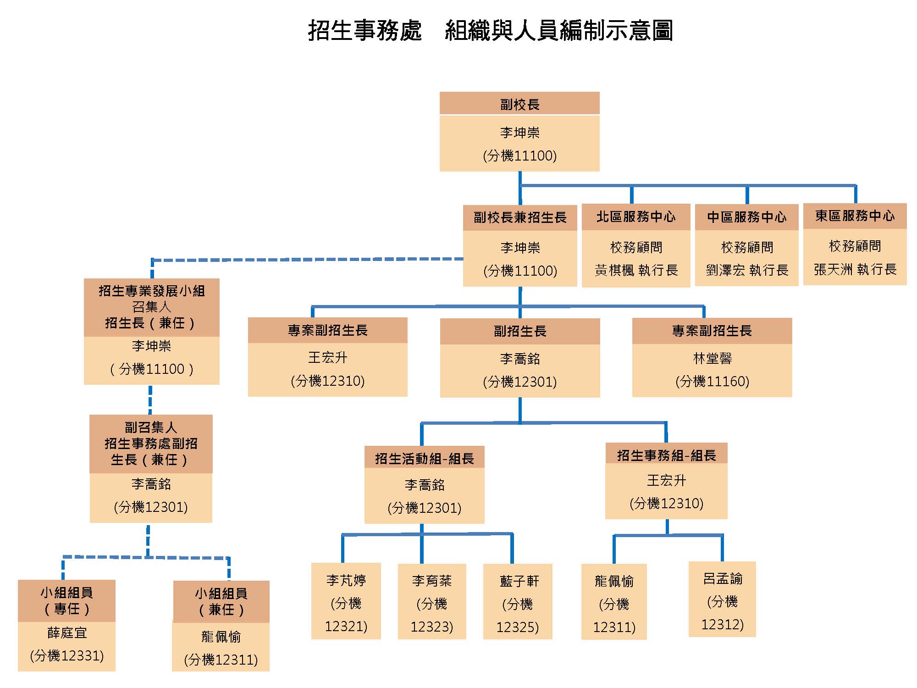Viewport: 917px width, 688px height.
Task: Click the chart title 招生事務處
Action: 365,31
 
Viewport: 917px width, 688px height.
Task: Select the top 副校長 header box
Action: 519,104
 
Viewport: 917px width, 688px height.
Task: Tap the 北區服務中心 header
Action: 636,217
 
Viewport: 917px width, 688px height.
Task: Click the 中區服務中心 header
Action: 746,217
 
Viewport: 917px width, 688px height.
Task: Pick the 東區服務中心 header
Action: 855,216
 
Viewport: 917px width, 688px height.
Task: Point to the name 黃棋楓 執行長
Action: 636,270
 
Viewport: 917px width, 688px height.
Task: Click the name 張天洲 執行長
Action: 855,269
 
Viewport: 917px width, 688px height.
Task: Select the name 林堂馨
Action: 712,358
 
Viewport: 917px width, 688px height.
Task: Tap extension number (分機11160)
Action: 712,381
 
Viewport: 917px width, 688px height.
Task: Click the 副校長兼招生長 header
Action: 520,217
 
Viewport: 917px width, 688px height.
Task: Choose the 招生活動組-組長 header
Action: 424,458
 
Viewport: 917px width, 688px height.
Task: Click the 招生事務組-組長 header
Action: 666,455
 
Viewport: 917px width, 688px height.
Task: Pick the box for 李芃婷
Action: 346,601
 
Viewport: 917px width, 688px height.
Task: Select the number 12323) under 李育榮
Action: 431,627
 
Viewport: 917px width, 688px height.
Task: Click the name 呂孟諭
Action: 723,579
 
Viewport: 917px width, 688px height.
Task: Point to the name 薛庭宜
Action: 67,633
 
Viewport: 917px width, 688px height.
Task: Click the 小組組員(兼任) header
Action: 221,601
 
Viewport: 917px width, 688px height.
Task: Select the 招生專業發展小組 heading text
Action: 152,291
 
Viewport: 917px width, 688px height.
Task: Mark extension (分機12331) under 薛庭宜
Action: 67,656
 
